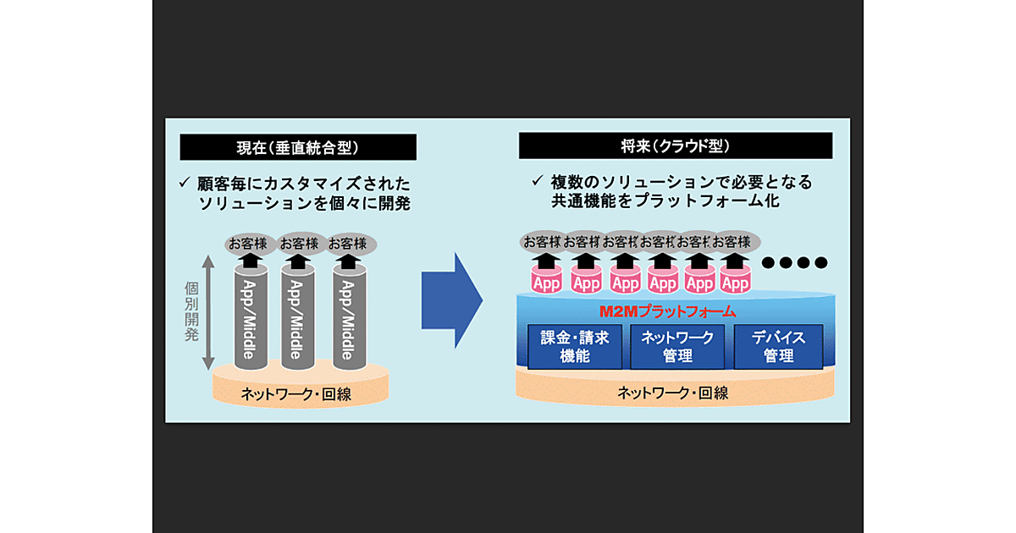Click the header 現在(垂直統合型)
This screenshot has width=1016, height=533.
298,147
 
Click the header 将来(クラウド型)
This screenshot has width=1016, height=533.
675,146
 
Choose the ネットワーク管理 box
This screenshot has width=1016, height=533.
676,347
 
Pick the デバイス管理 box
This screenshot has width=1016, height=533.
778,347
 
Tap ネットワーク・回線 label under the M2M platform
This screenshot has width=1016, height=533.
673,393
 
